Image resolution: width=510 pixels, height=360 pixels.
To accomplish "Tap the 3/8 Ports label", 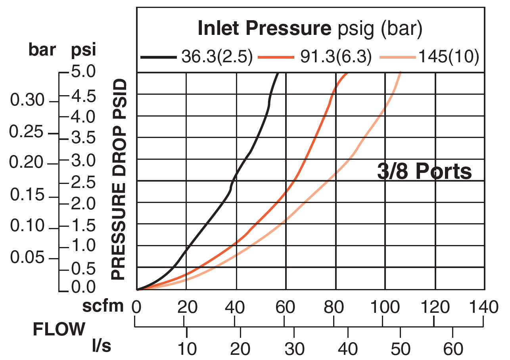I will (424, 172).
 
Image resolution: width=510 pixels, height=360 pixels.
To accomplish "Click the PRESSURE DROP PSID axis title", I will (118, 180).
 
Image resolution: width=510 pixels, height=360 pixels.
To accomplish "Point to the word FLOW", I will (59, 329).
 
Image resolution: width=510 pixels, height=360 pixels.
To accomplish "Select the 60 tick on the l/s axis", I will (453, 349).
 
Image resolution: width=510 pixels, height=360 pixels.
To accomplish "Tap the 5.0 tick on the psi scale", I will (82, 73).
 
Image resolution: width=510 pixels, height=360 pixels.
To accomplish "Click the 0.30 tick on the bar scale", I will (28, 101).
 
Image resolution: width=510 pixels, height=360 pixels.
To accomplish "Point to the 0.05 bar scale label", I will (28, 258).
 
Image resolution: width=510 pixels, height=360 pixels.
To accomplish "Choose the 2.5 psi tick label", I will (82, 183).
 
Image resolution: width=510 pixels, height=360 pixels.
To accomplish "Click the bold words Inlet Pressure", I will (264, 28).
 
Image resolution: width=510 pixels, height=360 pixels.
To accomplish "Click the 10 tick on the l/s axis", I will (186, 349).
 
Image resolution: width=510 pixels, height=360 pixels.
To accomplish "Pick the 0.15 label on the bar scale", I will (28, 195).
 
